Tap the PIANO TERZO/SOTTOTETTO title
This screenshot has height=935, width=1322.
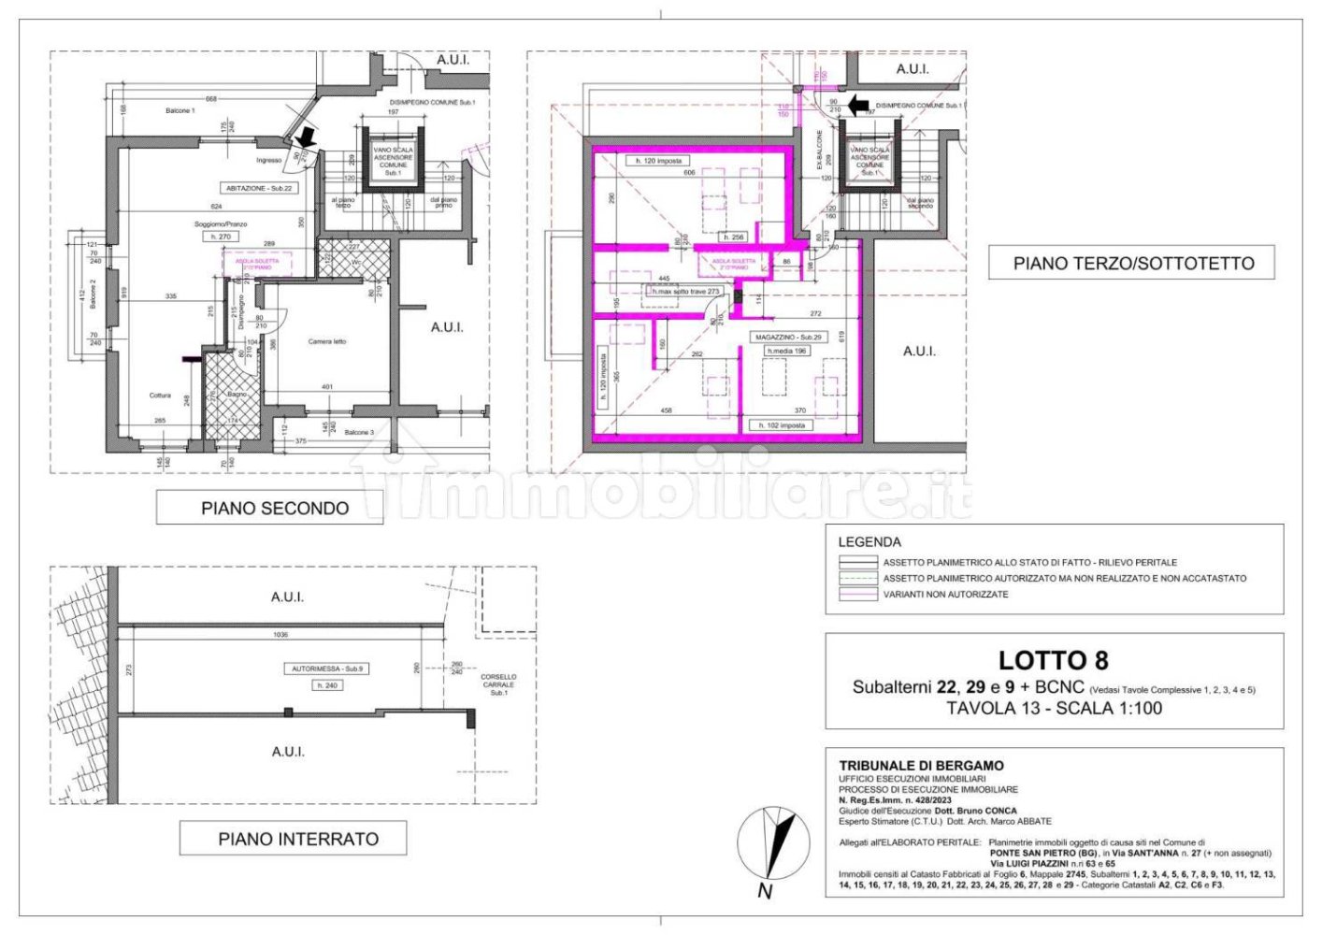[x=1133, y=264]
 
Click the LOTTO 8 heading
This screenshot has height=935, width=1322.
[x=1053, y=660]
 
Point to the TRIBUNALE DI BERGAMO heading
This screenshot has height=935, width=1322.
[x=908, y=766]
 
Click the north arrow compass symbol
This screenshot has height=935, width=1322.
[x=772, y=847]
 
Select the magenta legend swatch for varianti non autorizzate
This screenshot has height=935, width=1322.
[x=856, y=594]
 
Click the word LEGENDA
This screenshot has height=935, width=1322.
[x=869, y=541]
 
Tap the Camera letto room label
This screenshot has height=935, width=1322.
[x=327, y=341]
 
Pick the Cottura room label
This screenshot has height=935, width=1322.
[x=160, y=396]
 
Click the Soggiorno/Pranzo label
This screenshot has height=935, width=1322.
[x=221, y=224]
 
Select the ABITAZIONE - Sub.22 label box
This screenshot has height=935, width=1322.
[x=259, y=188]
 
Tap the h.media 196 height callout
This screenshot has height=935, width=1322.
[x=786, y=352]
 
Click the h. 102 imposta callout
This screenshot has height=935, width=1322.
[x=781, y=425]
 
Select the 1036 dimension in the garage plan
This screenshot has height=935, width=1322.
[x=280, y=635]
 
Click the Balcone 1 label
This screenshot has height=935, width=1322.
[x=180, y=110]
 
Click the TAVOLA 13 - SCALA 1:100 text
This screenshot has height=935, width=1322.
[x=1054, y=708]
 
